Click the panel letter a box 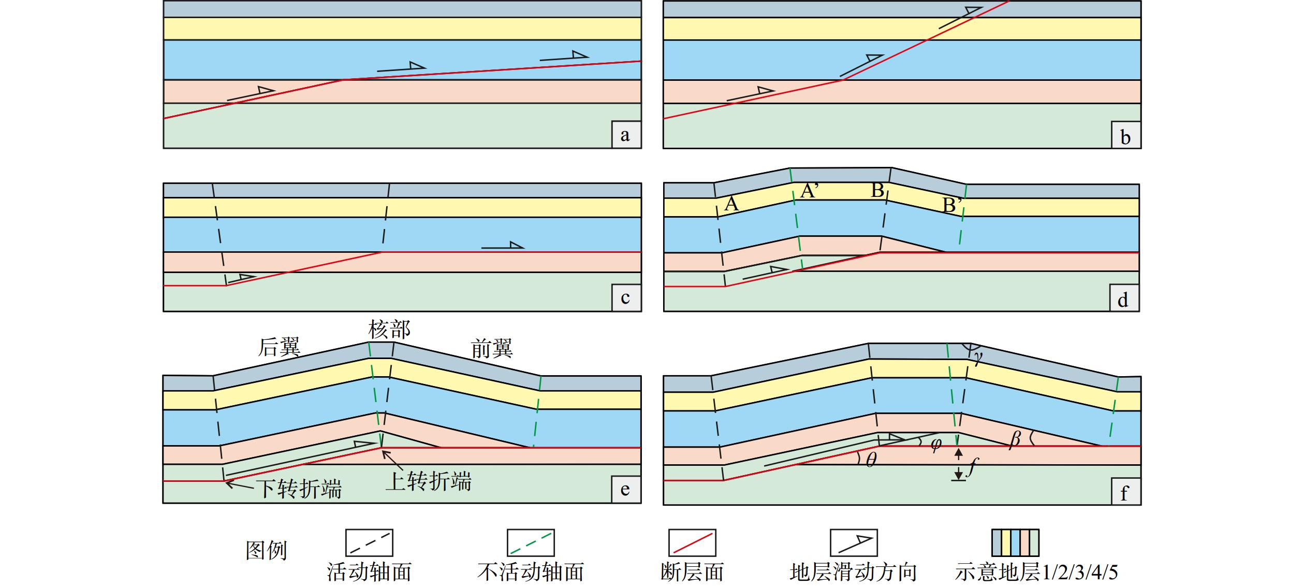pos(626,135)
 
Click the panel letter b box pos(1126,136)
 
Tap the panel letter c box pos(626,298)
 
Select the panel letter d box pos(1124,299)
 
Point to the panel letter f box pos(1126,492)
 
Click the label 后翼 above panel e pos(279,347)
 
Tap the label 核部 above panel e pos(389,330)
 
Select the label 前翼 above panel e pos(492,348)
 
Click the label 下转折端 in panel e pos(300,489)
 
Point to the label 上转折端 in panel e pos(429,481)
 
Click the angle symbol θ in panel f pos(871,460)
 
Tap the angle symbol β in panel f pos(1015,440)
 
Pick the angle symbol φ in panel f pos(935,445)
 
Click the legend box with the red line pos(692,542)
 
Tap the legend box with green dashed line pos(531,542)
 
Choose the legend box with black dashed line pos(369,542)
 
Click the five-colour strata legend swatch pos(1015,542)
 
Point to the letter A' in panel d pos(809,191)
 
